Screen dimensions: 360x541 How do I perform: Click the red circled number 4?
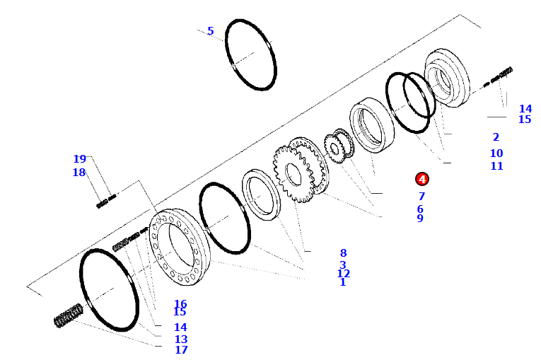pos(421,180)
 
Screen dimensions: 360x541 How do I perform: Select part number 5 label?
pos(210,31)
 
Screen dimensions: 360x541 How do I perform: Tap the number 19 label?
pos(79,159)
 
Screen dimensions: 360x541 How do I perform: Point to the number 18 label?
pos(79,173)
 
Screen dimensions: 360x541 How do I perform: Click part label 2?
pos(496,137)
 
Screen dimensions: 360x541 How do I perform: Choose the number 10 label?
pos(496,153)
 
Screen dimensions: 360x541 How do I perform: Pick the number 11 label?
pos(496,166)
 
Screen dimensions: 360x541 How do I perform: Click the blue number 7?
pos(421,196)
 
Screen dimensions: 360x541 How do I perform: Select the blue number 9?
pos(420,219)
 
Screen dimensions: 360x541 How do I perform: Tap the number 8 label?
pos(343,252)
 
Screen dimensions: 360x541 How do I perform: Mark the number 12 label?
pos(343,273)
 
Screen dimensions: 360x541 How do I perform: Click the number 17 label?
pos(181,350)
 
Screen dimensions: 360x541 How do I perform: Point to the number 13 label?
pos(181,339)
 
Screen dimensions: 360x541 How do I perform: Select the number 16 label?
pos(180,303)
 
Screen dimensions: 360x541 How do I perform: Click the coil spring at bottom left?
pos(69,315)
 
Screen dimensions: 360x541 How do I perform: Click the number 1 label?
pos(343,282)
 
